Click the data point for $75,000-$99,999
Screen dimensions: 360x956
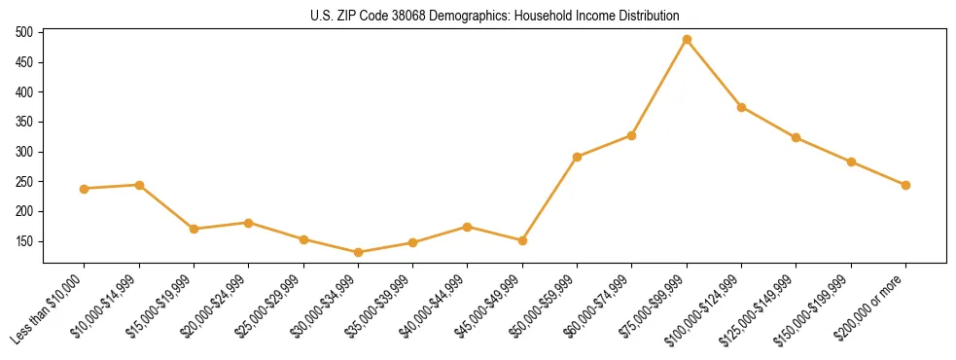tap(687, 40)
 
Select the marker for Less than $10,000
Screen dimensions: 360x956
tap(85, 189)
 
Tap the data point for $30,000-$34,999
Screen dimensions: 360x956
tap(359, 253)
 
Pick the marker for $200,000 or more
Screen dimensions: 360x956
tap(905, 185)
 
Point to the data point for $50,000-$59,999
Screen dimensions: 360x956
tap(578, 157)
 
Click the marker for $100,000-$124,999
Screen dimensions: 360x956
tap(742, 107)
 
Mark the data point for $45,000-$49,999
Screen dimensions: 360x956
tap(523, 240)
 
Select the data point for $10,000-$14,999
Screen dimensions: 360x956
tap(139, 185)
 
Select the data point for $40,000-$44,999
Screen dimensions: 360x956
tap(468, 227)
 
